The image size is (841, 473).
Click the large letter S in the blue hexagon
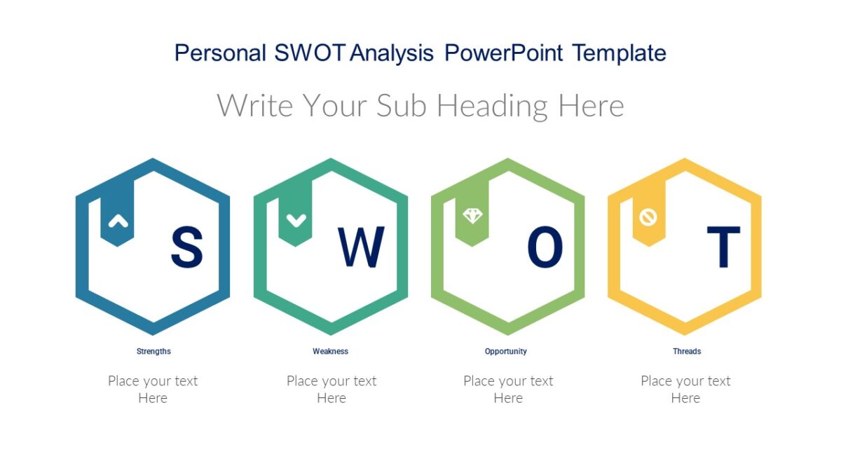pyautogui.click(x=186, y=247)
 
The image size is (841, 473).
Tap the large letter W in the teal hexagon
pyautogui.click(x=361, y=247)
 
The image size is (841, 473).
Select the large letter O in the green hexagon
pyautogui.click(x=545, y=247)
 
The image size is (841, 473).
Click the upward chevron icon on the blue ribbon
pyautogui.click(x=118, y=221)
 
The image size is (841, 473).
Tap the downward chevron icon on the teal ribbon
pyautogui.click(x=296, y=220)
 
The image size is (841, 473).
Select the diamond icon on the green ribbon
pyautogui.click(x=473, y=216)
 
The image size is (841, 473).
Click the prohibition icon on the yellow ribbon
pyautogui.click(x=648, y=217)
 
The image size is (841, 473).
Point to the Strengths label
pyautogui.click(x=153, y=351)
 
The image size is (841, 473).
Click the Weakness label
pyautogui.click(x=330, y=351)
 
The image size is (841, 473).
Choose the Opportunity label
pyautogui.click(x=506, y=351)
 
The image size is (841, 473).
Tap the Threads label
pyautogui.click(x=687, y=351)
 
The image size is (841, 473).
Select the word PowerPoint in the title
pyautogui.click(x=504, y=53)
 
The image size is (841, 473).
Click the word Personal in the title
pyautogui.click(x=220, y=53)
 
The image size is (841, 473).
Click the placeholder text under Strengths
pyautogui.click(x=153, y=390)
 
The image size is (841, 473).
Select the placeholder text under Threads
pyautogui.click(x=685, y=390)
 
